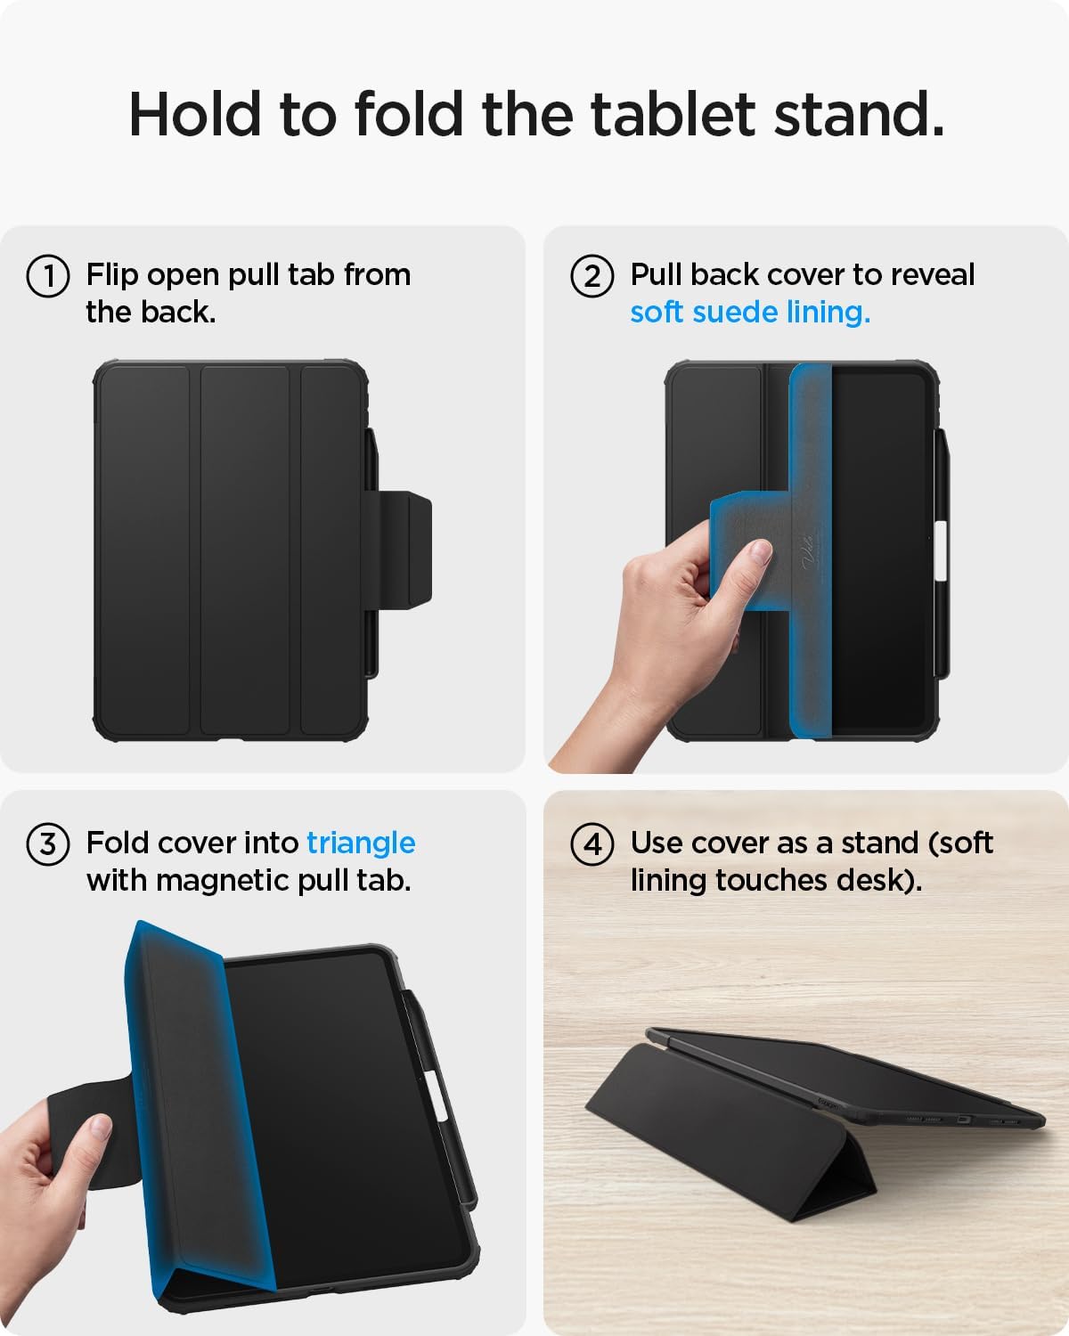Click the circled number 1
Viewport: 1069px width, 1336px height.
tap(48, 275)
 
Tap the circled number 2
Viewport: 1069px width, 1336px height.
tap(592, 275)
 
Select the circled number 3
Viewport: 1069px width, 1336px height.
tap(48, 843)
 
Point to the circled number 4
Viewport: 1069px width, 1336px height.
tap(592, 843)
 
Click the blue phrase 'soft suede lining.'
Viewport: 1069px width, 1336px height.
tap(750, 313)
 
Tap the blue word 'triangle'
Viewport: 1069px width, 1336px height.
tap(361, 843)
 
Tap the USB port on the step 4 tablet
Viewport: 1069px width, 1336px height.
tap(961, 1120)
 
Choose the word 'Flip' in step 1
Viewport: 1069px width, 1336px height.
tap(113, 275)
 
